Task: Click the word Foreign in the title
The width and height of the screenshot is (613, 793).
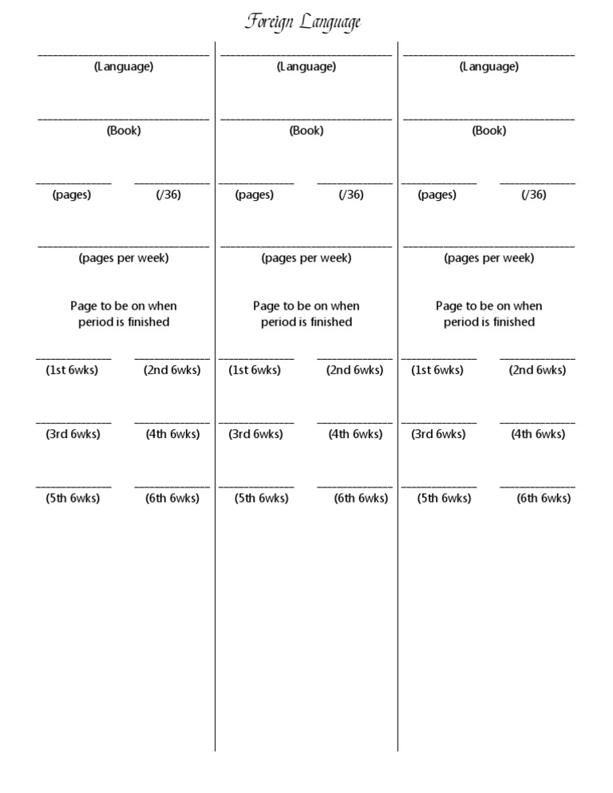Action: click(x=270, y=22)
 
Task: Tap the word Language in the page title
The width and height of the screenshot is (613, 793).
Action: click(x=330, y=23)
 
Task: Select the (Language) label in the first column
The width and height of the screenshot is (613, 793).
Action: click(x=124, y=67)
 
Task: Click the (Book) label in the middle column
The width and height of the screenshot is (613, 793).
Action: click(x=306, y=131)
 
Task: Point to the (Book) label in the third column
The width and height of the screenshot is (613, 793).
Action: click(x=489, y=131)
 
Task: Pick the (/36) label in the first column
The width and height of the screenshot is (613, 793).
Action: click(x=168, y=195)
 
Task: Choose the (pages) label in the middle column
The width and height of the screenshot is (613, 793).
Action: click(x=255, y=195)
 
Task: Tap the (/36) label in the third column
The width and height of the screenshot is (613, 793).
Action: click(x=534, y=195)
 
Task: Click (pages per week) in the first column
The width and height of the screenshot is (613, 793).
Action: click(x=124, y=258)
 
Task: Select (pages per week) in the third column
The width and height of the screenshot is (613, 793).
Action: click(x=489, y=258)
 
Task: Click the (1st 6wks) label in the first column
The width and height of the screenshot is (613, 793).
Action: click(x=72, y=370)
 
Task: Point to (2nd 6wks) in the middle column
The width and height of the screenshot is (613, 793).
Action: click(x=355, y=370)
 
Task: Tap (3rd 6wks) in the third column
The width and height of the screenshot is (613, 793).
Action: click(x=438, y=434)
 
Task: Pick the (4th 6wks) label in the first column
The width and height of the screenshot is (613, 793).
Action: click(x=172, y=434)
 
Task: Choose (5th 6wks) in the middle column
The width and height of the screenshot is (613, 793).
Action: click(x=262, y=499)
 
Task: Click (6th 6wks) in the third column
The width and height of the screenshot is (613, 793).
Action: click(x=544, y=499)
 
